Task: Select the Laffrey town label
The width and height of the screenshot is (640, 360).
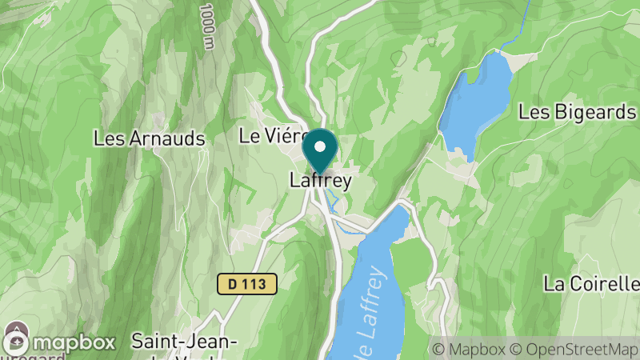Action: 320,182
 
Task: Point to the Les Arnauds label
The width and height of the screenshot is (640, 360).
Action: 150,138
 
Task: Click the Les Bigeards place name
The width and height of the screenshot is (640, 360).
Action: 576,112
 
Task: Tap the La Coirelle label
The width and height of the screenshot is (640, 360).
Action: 591,283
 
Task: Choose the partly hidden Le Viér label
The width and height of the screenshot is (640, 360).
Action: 270,136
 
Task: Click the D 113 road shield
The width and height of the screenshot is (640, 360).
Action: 246,283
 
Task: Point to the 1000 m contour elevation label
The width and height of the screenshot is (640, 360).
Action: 208,26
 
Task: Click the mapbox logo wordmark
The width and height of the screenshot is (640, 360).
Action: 73,343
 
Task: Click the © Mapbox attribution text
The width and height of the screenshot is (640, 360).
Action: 469,349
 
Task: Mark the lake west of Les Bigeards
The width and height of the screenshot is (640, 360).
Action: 477,100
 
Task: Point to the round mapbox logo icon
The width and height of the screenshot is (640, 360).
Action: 18,342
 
